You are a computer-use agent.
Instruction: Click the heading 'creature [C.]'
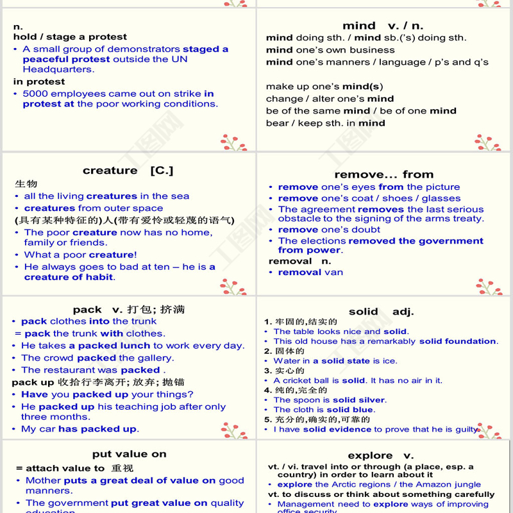[128, 171]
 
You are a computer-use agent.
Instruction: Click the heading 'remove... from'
[383, 174]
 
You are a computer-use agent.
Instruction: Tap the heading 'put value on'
[129, 454]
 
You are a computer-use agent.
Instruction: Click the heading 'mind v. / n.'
[383, 26]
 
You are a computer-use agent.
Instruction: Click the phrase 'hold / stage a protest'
[70, 37]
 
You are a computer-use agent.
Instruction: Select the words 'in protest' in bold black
[39, 81]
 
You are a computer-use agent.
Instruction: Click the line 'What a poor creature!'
[80, 255]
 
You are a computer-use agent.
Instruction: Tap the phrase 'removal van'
[310, 272]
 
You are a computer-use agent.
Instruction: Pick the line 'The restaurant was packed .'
[93, 370]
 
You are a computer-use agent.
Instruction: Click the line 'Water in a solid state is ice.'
[335, 361]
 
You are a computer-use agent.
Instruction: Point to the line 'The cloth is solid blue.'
[324, 409]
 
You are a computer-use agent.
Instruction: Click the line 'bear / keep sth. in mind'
[325, 122]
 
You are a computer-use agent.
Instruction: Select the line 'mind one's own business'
[330, 50]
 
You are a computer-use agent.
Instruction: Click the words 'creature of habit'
[69, 277]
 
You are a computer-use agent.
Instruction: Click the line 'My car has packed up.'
[80, 429]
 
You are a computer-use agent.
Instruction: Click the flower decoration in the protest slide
[233, 142]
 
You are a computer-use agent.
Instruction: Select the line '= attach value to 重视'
[74, 468]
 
